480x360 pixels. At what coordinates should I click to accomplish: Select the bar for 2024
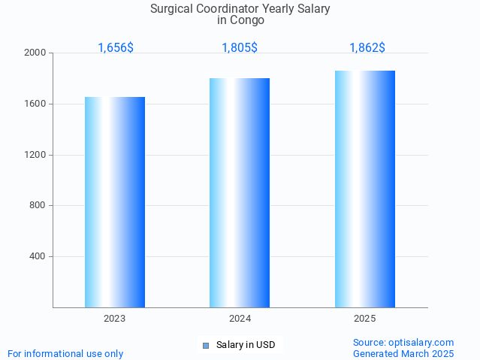pos(240,192)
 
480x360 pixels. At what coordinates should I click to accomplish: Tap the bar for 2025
pos(365,189)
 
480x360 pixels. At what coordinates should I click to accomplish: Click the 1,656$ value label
pos(116,47)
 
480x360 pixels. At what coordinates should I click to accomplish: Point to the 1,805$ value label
pos(240,47)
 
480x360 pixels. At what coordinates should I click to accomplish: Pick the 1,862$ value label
pos(367,47)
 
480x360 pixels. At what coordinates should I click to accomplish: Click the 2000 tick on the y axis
pos(35,53)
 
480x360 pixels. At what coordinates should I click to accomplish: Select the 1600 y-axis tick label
pos(35,104)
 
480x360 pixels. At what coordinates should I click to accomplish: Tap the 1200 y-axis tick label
pos(35,155)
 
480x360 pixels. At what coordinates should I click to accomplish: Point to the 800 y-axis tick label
pos(38,206)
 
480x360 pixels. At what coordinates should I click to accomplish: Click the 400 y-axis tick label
pos(38,256)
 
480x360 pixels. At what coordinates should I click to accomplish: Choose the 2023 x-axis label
pos(115,319)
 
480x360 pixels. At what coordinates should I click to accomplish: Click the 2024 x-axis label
pos(240,319)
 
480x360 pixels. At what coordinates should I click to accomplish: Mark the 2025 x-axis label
pos(365,319)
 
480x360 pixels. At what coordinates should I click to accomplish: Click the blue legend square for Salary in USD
pos(205,346)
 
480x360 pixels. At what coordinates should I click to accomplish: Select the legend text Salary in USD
pos(246,345)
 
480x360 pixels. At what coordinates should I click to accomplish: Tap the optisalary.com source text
pos(403,342)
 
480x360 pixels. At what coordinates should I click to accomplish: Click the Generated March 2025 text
pos(403,353)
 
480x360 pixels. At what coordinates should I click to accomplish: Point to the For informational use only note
pos(65,353)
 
